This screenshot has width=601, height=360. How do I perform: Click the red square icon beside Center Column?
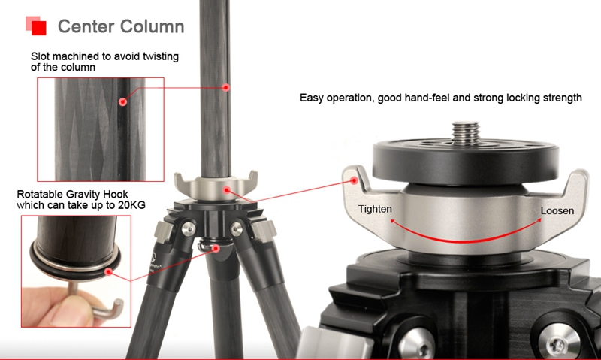pos(36,26)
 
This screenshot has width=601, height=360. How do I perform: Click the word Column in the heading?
pos(153,26)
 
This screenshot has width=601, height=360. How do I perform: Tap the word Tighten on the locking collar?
pos(375,209)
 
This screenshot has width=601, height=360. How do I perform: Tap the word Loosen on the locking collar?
pos(557,210)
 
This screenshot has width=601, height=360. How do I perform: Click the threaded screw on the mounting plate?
pos(465,132)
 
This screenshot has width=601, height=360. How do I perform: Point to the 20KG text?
pos(131,205)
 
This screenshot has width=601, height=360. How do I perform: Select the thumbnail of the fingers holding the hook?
pos(76,271)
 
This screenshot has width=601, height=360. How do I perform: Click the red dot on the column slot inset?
pos(122,101)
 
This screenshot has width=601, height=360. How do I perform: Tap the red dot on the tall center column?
pos(226,87)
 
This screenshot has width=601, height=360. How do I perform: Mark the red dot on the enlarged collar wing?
pos(354,180)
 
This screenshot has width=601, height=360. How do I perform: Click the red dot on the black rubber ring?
pos(109,272)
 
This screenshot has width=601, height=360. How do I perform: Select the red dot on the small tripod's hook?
pos(216,249)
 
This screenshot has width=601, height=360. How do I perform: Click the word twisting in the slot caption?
pos(161,56)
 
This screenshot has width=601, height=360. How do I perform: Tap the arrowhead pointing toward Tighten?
pos(393,221)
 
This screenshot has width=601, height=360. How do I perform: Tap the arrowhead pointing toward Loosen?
pos(538,220)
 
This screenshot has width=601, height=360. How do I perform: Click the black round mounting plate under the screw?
pos(465,161)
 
